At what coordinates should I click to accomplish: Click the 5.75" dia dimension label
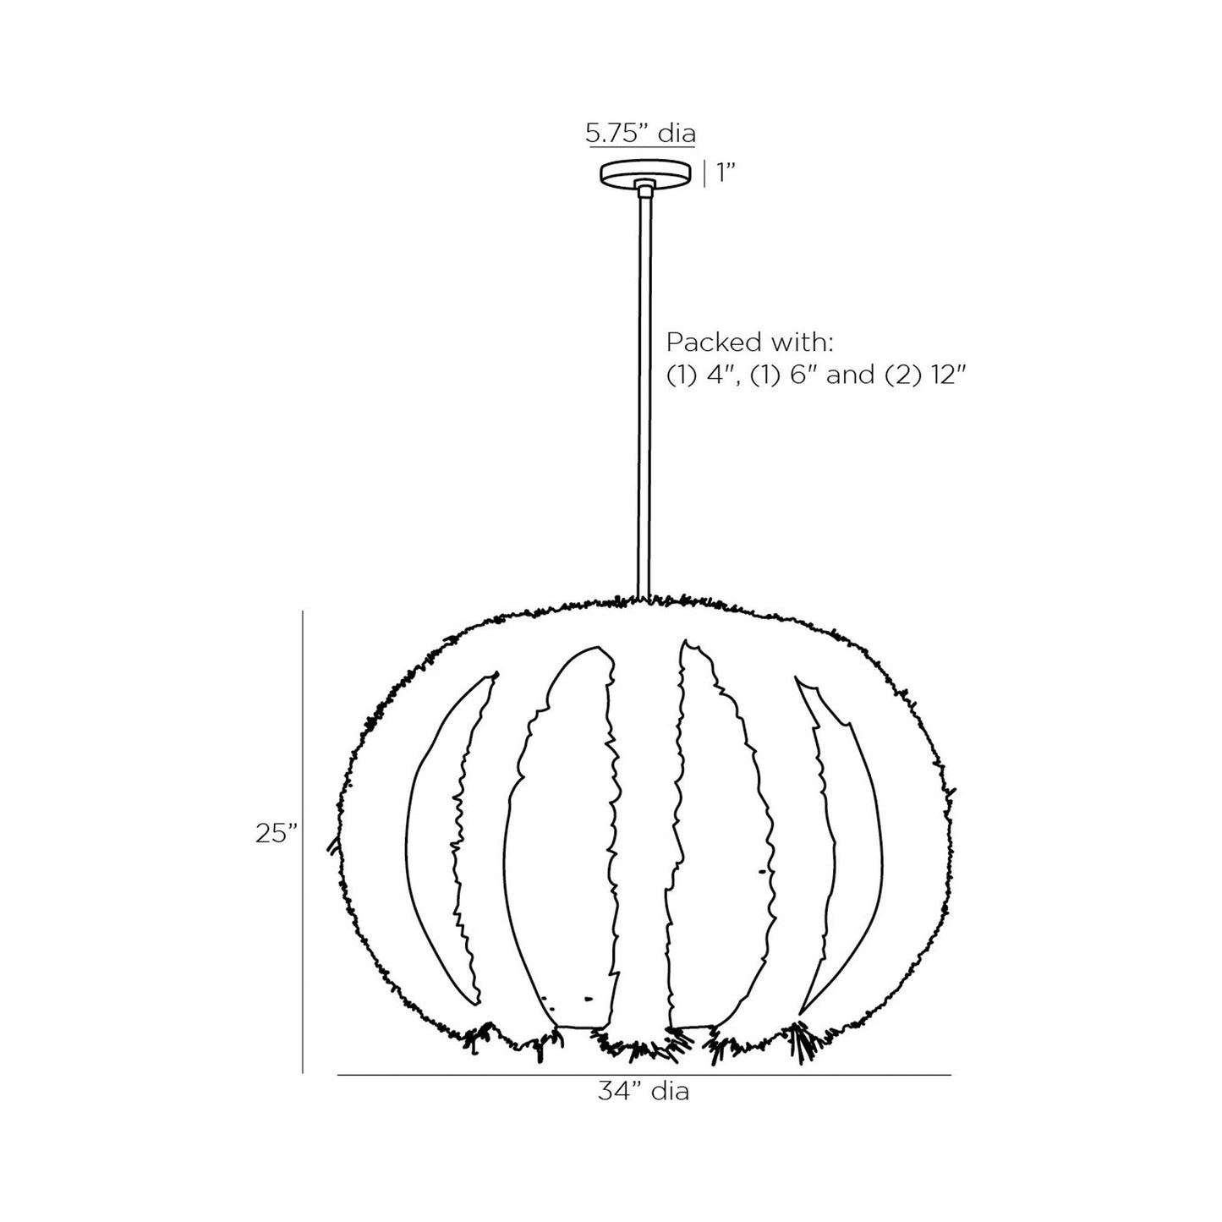coord(640,133)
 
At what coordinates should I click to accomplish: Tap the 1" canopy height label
coord(726,173)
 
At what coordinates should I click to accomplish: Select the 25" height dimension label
coord(277,834)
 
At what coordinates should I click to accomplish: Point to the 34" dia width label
coord(644,1092)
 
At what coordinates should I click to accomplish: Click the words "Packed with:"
coord(750,342)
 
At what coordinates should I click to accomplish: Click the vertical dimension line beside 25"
coord(304,841)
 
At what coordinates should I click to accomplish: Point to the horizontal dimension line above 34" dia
coord(644,1075)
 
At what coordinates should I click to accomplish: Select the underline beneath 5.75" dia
coord(640,146)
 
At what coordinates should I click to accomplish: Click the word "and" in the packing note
coord(851,375)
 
